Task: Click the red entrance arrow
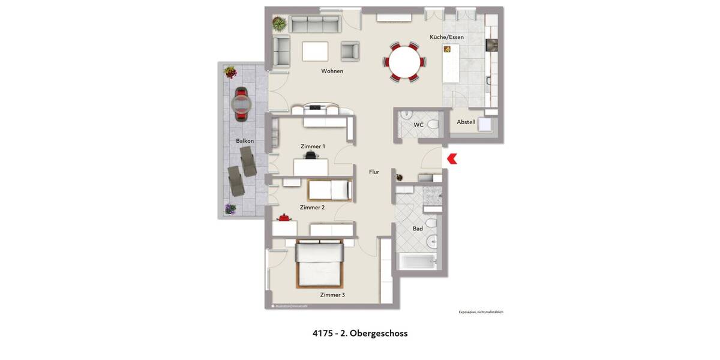click(452, 158)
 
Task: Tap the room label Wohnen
click(332, 71)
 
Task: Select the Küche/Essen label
click(446, 37)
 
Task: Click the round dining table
click(404, 61)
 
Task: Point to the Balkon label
click(245, 141)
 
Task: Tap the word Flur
click(374, 172)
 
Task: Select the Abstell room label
click(466, 122)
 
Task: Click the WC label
click(418, 125)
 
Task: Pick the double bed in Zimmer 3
click(319, 265)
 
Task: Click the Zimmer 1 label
click(313, 146)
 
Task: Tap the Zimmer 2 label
click(312, 208)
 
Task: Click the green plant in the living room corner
click(278, 23)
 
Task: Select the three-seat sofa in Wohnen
click(314, 24)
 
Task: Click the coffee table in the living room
click(315, 51)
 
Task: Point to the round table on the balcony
click(242, 105)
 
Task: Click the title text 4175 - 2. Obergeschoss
click(360, 333)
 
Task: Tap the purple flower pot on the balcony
click(230, 209)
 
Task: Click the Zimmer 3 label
click(332, 295)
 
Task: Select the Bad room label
click(418, 229)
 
